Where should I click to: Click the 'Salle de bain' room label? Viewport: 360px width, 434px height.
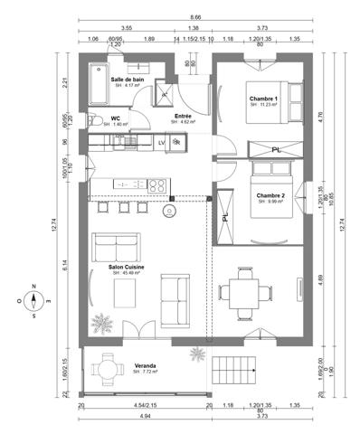pyautogui.click(x=128, y=80)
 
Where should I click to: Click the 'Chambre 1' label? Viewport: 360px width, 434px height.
pyautogui.click(x=263, y=98)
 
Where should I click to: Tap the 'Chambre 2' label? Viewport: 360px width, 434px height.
pyautogui.click(x=270, y=195)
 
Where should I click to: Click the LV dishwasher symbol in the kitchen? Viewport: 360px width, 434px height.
pyautogui.click(x=162, y=142)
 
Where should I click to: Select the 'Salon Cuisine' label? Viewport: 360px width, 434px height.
pyautogui.click(x=128, y=269)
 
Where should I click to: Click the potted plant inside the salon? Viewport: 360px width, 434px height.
pyautogui.click(x=104, y=322)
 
